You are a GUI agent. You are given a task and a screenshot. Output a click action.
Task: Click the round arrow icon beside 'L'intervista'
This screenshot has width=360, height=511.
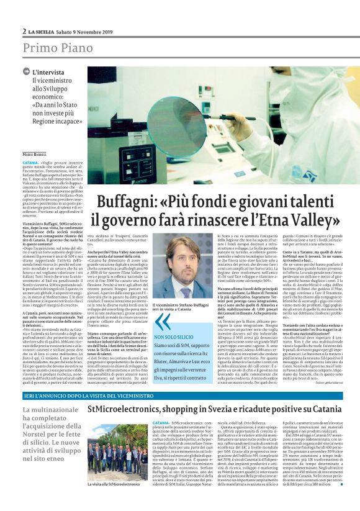coord(26,72)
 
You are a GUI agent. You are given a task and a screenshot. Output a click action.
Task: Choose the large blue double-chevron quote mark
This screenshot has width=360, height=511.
coord(163,322)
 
